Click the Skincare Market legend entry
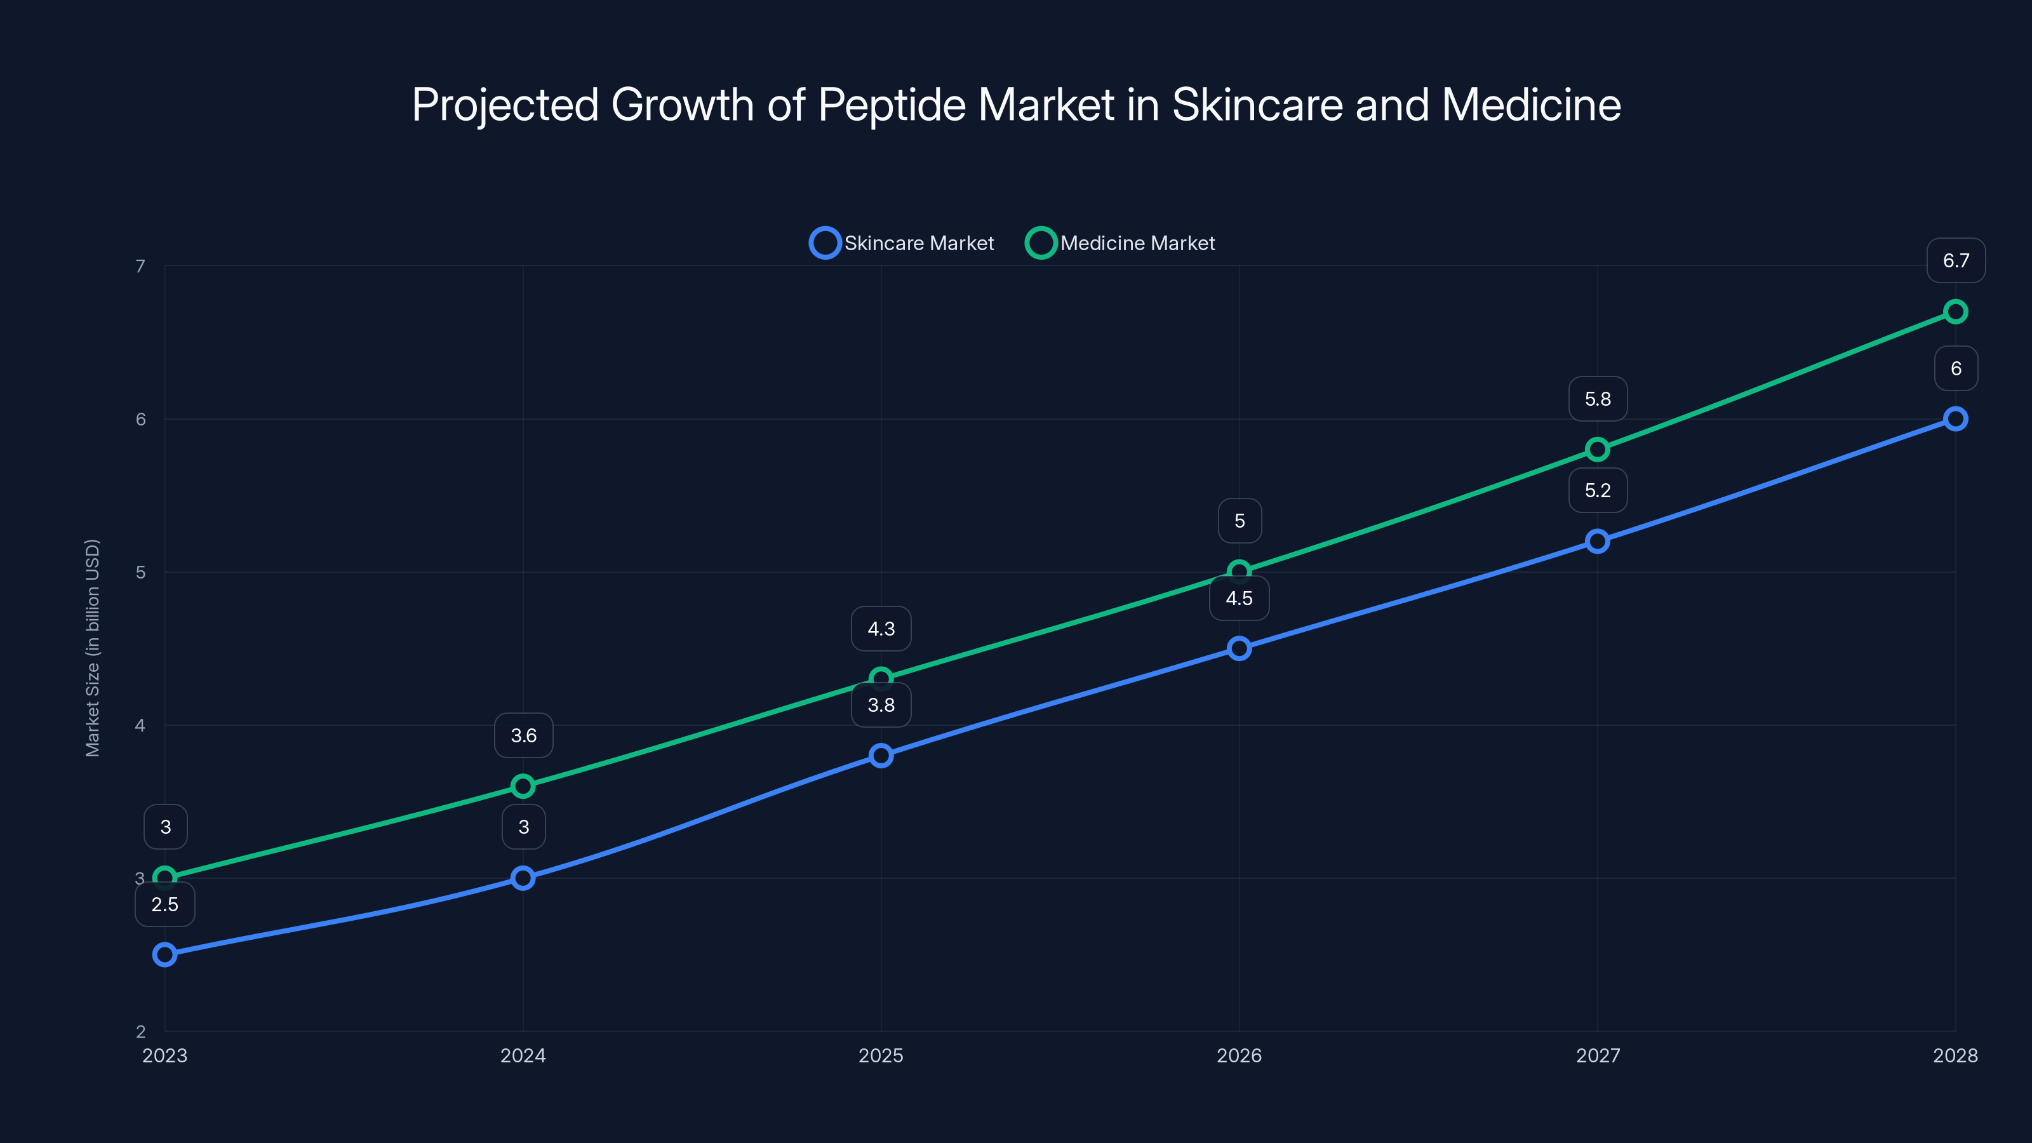coord(902,243)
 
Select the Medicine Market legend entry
coord(1120,243)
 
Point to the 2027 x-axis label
coord(1598,1055)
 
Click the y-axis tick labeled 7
coord(140,266)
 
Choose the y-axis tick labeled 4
coord(140,725)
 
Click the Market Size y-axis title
coord(92,648)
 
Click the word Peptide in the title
coord(892,105)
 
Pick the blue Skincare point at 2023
coord(165,954)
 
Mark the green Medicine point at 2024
coord(523,785)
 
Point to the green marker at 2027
coord(1598,450)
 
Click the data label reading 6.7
coord(1956,260)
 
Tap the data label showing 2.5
coord(165,904)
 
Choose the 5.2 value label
coord(1598,490)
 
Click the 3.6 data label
coord(523,735)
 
